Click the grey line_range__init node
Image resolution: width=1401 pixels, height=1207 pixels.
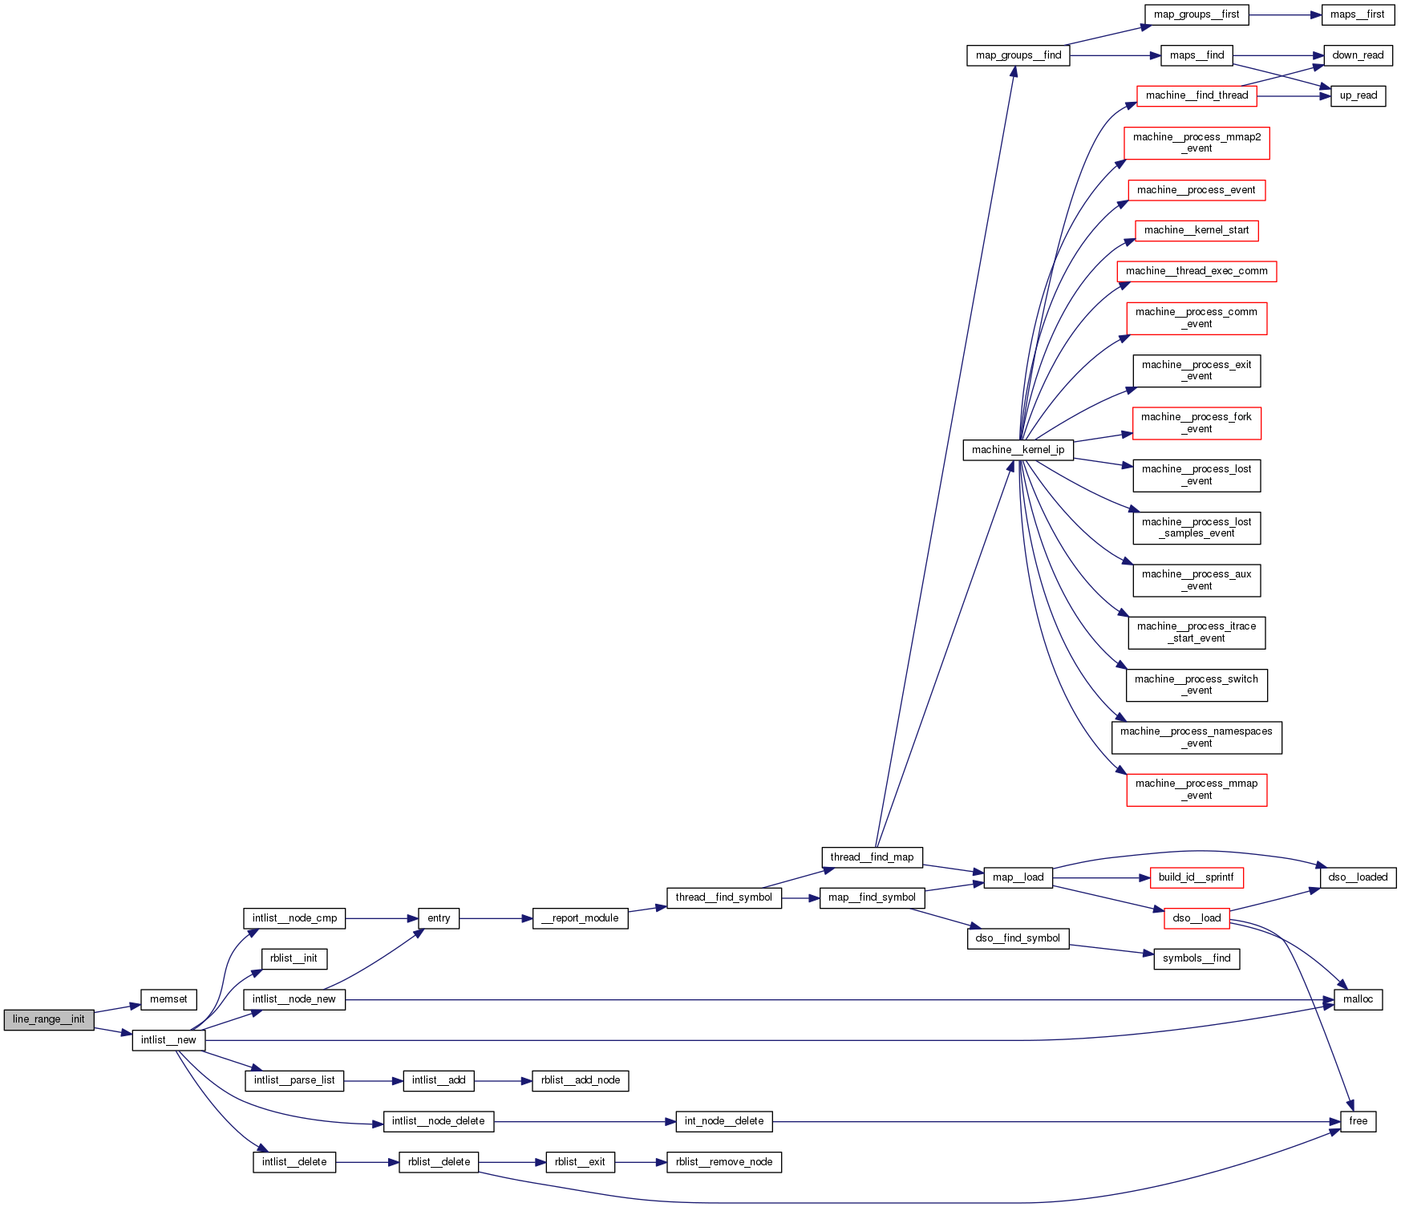49,1019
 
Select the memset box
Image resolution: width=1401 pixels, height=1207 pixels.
168,999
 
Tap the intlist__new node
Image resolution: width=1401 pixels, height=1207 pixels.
168,1040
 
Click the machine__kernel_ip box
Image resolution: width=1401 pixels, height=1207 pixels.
1018,450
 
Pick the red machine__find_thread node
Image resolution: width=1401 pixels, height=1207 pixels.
1197,95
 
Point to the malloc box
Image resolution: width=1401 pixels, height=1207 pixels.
1358,999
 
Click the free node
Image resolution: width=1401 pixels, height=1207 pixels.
1358,1121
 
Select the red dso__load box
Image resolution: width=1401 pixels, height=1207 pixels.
1197,918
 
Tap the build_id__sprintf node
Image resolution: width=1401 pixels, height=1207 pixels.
1196,877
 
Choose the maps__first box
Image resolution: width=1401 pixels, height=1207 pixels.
1357,14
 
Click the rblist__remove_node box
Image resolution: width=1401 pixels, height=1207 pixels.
723,1162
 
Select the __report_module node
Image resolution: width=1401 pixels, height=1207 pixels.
580,918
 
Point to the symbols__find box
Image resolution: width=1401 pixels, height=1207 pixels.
1196,958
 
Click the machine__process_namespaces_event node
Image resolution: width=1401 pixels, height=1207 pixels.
1196,737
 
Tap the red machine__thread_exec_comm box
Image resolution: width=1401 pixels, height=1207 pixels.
1196,271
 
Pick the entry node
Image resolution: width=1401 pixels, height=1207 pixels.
439,918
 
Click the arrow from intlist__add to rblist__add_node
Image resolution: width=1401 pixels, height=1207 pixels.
503,1081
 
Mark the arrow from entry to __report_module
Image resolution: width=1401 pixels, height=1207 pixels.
496,918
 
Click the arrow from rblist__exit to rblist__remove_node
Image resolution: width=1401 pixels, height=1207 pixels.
641,1162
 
